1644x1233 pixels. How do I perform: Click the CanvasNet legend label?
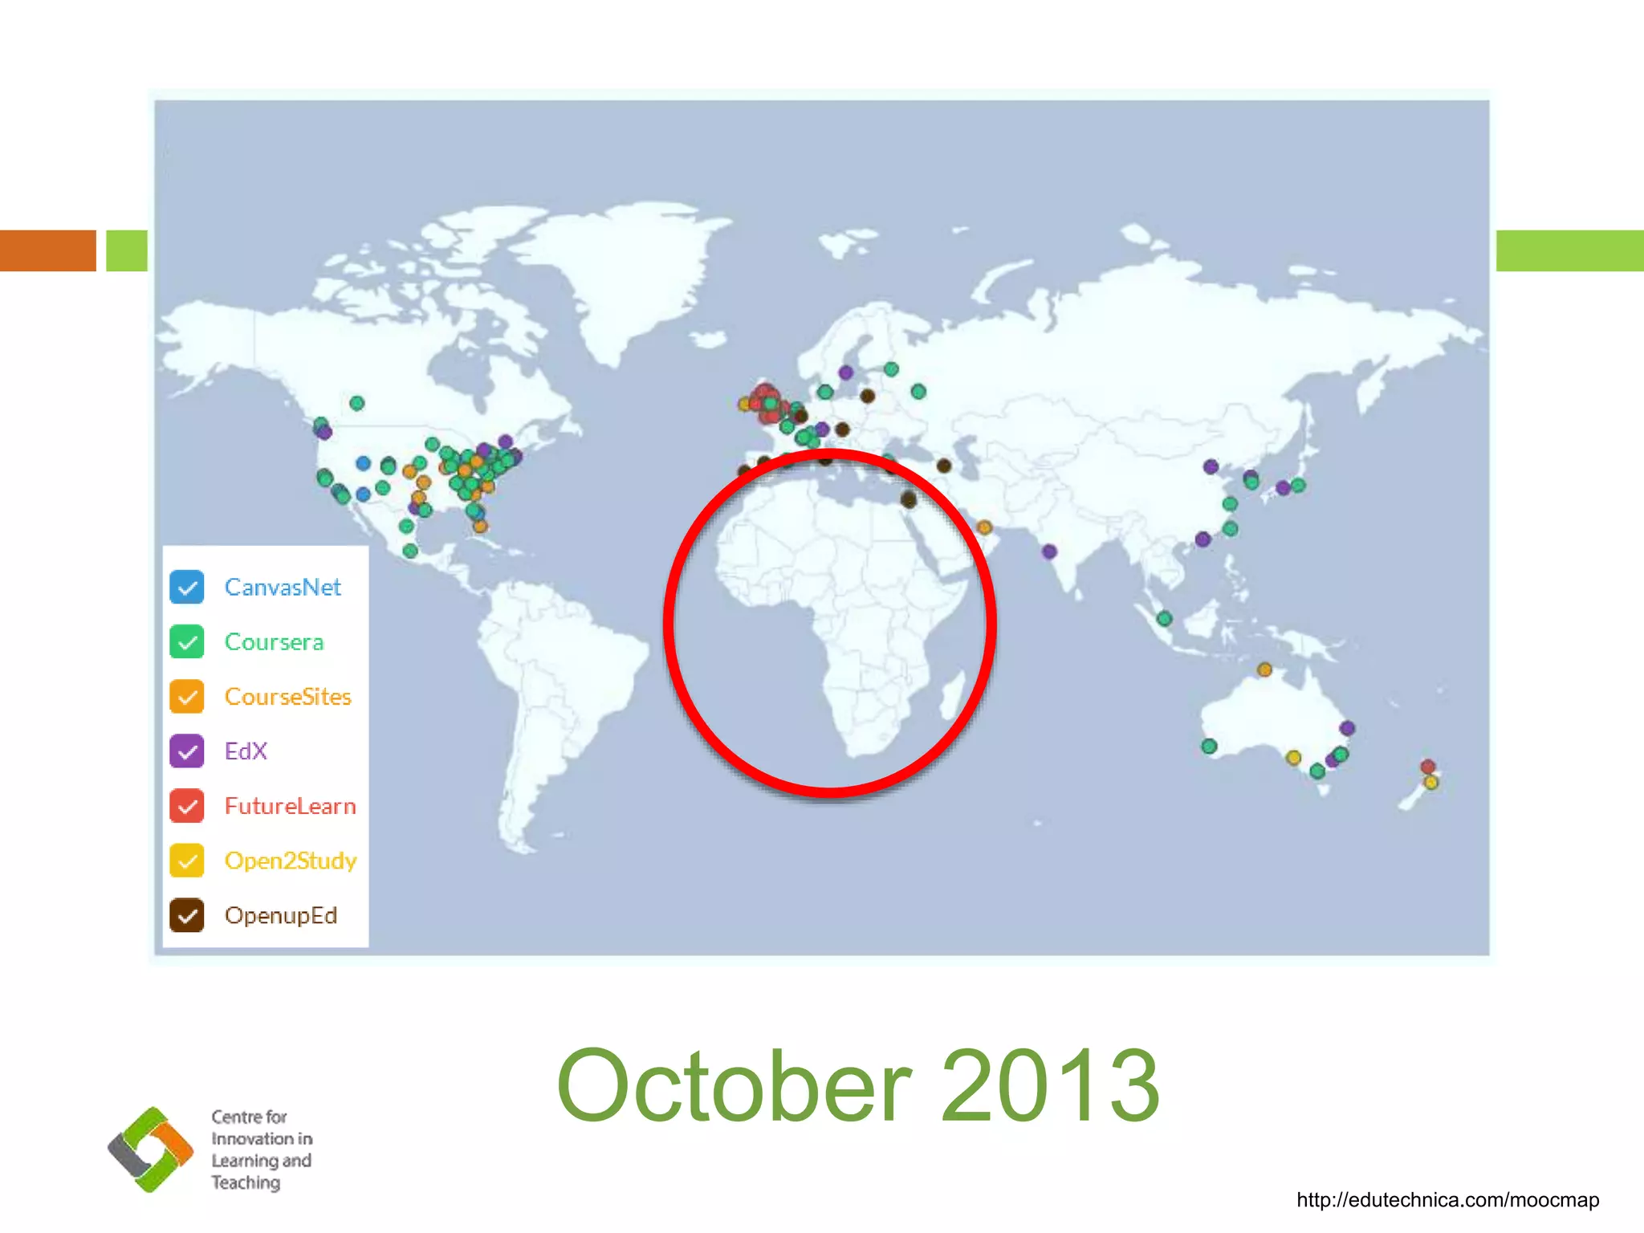[x=283, y=588]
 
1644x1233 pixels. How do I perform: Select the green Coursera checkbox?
[x=187, y=642]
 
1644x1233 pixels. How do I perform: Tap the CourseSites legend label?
[x=287, y=697]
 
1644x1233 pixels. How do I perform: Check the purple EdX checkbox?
[x=187, y=751]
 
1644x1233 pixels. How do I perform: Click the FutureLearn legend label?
[x=290, y=806]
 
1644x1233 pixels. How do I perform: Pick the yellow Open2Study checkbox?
[x=187, y=861]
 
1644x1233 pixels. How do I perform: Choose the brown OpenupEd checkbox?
[x=187, y=915]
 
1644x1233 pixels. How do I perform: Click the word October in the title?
[x=734, y=1087]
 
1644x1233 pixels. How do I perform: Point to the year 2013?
[x=1050, y=1087]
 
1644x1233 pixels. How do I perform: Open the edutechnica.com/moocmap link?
[x=1447, y=1200]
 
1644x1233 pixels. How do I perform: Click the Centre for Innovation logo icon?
[x=151, y=1150]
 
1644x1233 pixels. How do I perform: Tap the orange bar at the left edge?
[x=48, y=250]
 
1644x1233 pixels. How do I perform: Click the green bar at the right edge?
[x=1569, y=250]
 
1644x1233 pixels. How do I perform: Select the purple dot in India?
[x=1049, y=551]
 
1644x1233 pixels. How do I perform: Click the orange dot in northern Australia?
[x=1264, y=669]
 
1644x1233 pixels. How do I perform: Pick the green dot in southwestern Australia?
[x=1210, y=747]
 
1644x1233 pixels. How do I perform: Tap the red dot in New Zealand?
[x=1427, y=767]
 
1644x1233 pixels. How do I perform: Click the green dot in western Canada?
[x=357, y=403]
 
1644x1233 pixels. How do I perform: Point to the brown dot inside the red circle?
[x=909, y=500]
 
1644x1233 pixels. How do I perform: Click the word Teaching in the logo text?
[x=246, y=1182]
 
